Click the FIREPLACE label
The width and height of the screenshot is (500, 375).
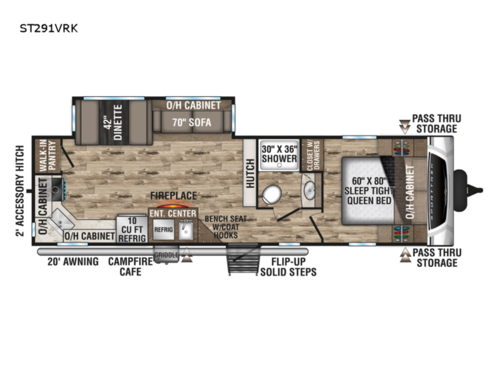point(173,197)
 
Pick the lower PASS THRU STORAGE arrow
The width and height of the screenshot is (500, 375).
point(405,257)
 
